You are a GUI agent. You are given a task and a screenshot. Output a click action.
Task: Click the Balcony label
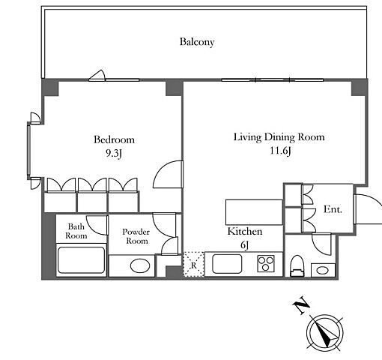click(x=197, y=42)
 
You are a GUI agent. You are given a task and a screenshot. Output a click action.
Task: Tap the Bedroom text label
click(x=114, y=139)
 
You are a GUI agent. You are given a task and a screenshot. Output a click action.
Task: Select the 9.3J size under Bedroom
click(x=114, y=153)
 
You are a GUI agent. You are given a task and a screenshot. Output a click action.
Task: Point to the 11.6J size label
click(x=281, y=151)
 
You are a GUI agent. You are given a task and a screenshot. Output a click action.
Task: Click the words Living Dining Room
click(x=279, y=137)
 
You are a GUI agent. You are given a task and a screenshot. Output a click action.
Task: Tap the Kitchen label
click(x=245, y=231)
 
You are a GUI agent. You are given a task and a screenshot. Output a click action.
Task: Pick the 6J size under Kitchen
click(x=245, y=245)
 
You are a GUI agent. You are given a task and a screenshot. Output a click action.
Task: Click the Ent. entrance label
click(x=333, y=209)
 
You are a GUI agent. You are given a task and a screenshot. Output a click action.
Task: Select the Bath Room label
click(x=76, y=231)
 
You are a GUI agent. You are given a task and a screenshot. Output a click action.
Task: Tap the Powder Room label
click(x=136, y=236)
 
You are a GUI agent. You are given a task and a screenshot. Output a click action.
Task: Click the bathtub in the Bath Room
click(x=81, y=260)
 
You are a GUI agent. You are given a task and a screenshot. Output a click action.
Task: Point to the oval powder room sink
click(x=140, y=265)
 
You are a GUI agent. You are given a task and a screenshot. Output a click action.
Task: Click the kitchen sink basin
click(x=227, y=264)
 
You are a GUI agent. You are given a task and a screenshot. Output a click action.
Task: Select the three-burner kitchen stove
click(x=266, y=264)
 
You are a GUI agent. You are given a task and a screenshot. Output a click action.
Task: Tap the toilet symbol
click(x=297, y=265)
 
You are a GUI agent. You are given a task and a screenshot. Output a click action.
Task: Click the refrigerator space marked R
click(x=194, y=265)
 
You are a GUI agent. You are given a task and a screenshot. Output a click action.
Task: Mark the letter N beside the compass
click(x=301, y=305)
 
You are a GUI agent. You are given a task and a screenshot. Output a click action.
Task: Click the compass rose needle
click(x=325, y=333)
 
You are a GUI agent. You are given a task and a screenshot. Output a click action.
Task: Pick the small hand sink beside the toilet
click(x=323, y=270)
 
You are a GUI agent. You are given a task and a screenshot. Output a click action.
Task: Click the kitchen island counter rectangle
click(x=254, y=212)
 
